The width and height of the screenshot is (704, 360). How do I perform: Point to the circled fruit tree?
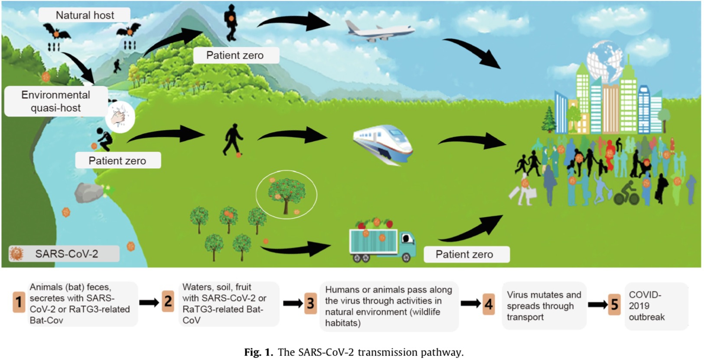tap(286, 195)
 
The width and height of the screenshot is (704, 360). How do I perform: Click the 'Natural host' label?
tap(85, 15)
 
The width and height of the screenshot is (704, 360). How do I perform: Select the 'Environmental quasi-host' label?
tap(56, 101)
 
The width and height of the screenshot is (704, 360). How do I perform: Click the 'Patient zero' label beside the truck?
tap(464, 254)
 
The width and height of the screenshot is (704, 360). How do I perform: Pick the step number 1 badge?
tap(19, 302)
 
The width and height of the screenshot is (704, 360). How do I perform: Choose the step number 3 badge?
tap(310, 303)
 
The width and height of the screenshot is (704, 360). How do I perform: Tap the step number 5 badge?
tap(614, 304)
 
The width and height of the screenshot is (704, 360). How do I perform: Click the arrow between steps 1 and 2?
tap(149, 302)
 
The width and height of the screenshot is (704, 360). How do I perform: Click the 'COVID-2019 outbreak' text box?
tap(656, 306)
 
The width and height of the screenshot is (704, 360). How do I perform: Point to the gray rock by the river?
tap(89, 193)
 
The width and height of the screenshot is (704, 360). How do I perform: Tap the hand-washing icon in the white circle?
tap(120, 117)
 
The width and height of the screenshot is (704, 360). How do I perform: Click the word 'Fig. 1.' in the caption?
tap(258, 352)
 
